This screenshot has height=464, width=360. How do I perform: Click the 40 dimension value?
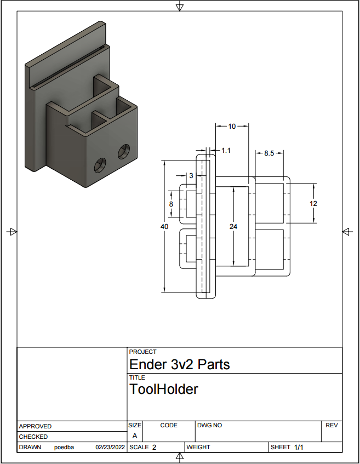coord(164,226)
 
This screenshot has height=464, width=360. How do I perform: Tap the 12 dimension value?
coord(313,203)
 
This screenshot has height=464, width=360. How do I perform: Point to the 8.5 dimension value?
coord(269,153)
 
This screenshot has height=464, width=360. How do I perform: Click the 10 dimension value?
coord(232,126)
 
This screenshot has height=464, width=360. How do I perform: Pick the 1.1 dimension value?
coord(226,150)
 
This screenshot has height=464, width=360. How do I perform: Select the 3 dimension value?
coord(191,176)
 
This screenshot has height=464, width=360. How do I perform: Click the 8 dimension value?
coord(171,204)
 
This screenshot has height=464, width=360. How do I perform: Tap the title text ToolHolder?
coord(163,389)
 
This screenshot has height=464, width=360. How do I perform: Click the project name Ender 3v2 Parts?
coord(179,364)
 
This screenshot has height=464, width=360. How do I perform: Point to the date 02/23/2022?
coord(110,448)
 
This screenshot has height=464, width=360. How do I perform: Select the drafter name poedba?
coord(64,448)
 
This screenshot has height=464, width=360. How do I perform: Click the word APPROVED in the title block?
coord(35,426)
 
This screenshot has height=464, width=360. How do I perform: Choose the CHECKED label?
coord(33,437)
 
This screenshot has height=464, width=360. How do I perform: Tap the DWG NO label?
coord(209,425)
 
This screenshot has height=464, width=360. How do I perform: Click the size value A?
coord(135,436)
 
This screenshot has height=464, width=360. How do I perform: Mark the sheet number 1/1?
coord(299,448)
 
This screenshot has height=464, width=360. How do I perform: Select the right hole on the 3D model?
coord(124,151)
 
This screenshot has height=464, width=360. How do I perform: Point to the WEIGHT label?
coord(198,448)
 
